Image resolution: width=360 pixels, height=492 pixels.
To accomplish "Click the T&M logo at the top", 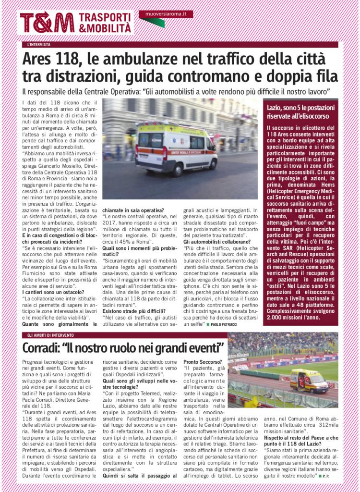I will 47,23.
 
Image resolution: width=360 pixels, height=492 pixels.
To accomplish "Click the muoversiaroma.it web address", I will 166,14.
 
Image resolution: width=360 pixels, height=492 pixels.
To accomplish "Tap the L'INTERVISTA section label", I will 39,45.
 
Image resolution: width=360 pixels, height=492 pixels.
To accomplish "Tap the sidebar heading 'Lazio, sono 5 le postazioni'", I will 301,107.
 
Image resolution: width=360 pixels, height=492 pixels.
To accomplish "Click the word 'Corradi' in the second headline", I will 48,347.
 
